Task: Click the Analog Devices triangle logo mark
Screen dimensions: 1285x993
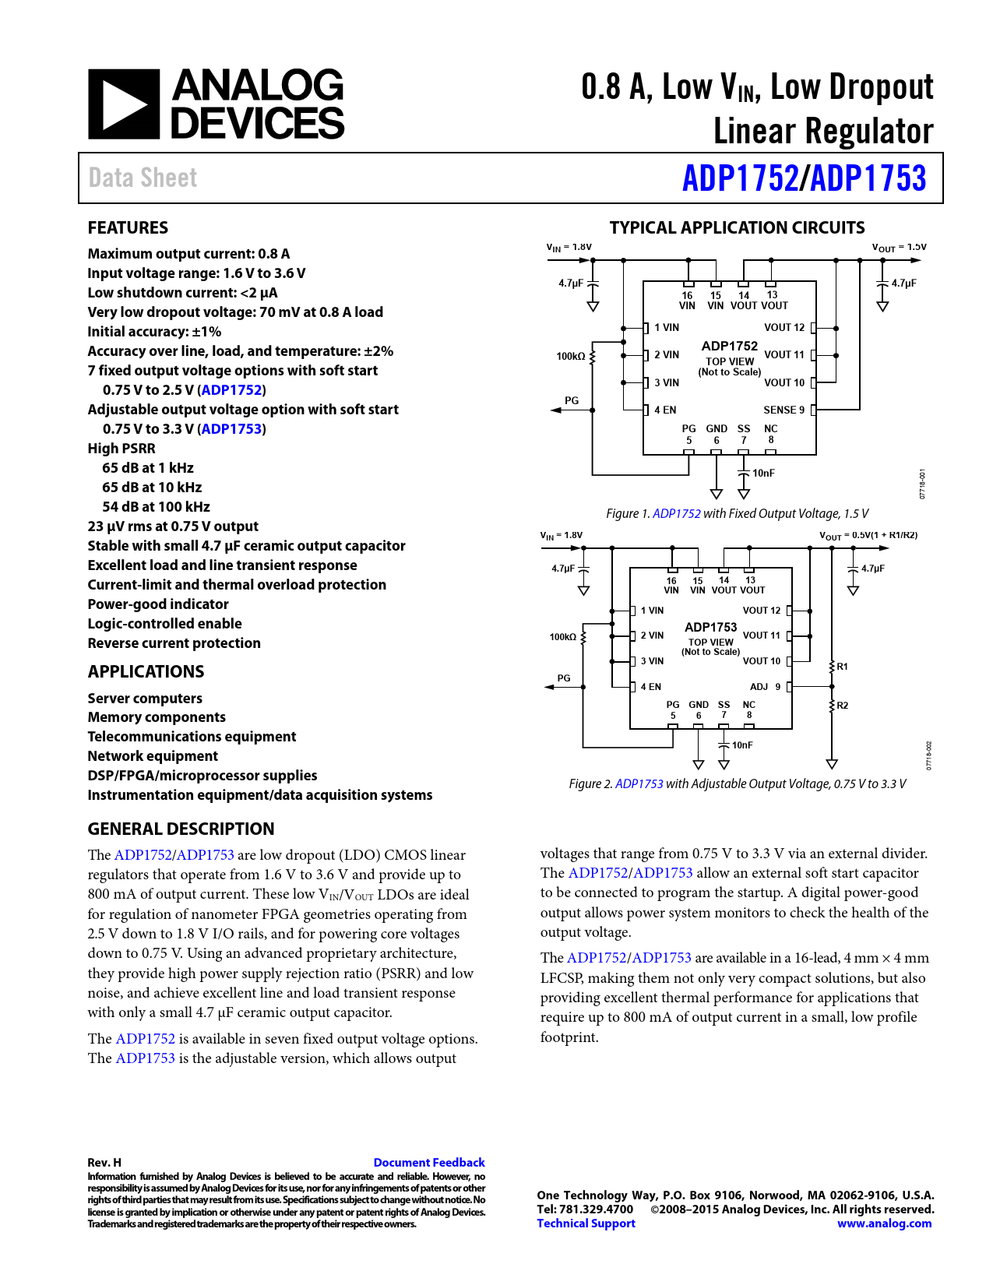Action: tap(123, 104)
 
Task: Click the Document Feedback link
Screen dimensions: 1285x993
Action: tap(428, 1162)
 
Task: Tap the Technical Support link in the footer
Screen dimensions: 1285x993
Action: tap(586, 1223)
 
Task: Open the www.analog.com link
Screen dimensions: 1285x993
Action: tap(884, 1223)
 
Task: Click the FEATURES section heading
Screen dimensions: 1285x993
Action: tap(128, 227)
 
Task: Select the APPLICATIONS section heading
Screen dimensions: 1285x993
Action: tap(146, 671)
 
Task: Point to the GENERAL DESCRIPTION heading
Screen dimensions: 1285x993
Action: tap(181, 829)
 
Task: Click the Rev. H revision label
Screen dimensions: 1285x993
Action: tap(104, 1162)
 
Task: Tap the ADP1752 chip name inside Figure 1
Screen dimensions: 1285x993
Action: tap(729, 346)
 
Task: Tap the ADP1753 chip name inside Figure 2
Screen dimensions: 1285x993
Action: tap(710, 627)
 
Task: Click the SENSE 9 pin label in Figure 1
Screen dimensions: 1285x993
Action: tap(783, 410)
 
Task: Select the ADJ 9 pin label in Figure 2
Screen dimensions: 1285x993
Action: tap(765, 687)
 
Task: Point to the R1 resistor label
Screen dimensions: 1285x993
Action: tap(843, 667)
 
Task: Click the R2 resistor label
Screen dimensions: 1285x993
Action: tap(843, 706)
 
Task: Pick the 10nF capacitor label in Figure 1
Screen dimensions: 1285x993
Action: tap(763, 473)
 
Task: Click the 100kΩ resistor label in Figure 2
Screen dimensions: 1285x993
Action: tap(563, 637)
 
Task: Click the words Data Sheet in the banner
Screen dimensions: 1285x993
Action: tap(143, 178)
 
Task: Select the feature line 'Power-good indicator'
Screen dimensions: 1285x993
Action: tap(158, 604)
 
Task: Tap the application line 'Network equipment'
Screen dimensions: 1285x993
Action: tap(153, 756)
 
